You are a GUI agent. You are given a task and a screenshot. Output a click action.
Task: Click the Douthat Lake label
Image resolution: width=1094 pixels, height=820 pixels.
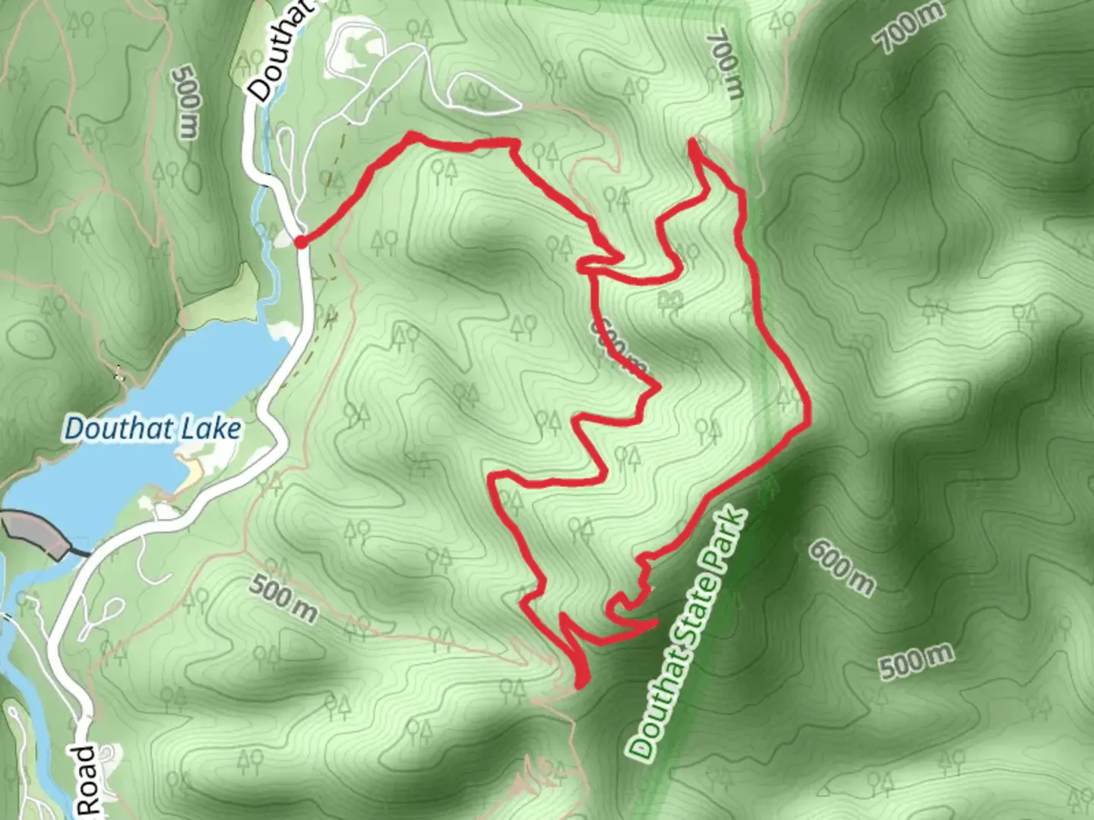coord(153,429)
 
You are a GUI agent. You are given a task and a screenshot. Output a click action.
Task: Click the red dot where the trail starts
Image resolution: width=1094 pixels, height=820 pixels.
coord(301,242)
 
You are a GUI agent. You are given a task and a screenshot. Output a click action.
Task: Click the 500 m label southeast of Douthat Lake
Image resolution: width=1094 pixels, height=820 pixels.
coord(283,598)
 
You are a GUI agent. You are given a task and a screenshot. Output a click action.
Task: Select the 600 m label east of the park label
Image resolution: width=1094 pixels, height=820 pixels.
coord(841,567)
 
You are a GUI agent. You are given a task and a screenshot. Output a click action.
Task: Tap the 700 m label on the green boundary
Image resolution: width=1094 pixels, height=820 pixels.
coord(726,65)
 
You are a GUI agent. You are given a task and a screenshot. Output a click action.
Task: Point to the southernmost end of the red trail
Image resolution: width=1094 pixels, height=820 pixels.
coord(581,685)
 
